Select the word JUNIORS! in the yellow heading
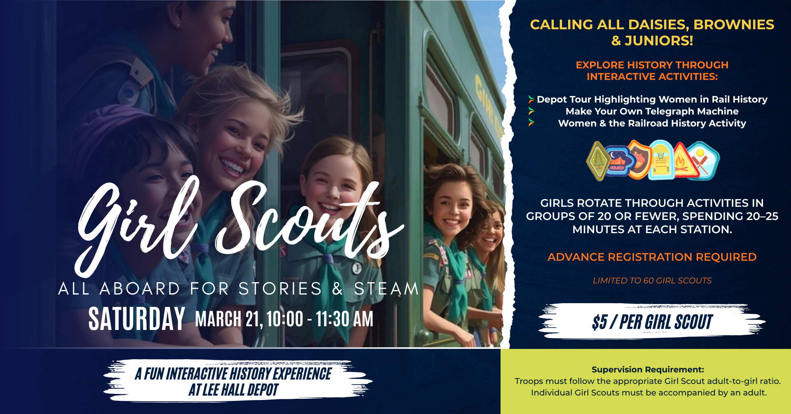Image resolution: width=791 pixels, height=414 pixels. point(659,41)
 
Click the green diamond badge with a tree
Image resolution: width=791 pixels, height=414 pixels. point(598,161)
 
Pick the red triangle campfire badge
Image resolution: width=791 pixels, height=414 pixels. point(685,161)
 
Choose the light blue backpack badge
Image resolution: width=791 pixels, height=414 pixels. point(661,161)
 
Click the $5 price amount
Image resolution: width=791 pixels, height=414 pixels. point(599,322)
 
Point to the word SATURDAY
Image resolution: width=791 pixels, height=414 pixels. point(137,319)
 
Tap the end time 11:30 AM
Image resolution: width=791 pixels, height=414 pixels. point(344,319)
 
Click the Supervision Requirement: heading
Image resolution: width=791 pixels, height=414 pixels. point(648,370)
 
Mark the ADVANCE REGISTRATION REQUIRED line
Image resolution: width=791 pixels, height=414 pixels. point(652,257)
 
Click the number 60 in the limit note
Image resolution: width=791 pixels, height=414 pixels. point(648,281)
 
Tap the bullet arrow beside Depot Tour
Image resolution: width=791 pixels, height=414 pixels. point(531,99)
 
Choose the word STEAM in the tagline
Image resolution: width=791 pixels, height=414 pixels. point(386,288)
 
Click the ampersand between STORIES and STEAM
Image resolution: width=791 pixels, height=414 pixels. point(338,288)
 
